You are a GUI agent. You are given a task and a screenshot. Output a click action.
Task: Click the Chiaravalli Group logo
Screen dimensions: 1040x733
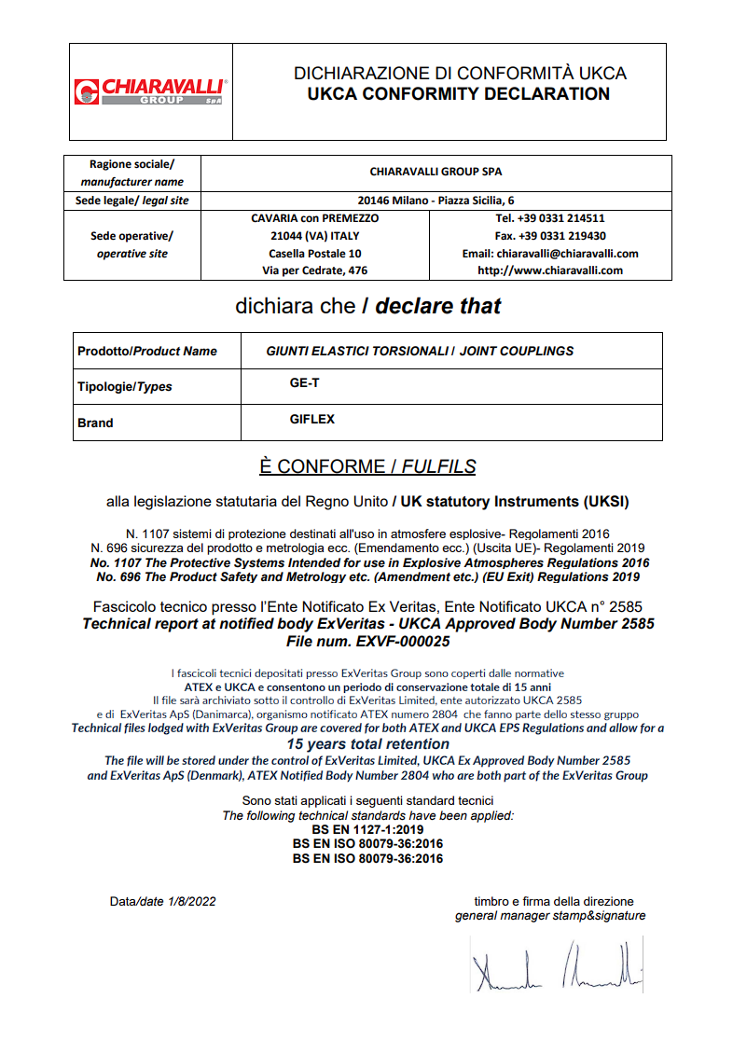(149, 91)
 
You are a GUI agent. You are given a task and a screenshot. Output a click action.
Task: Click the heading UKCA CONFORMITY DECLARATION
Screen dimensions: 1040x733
(459, 94)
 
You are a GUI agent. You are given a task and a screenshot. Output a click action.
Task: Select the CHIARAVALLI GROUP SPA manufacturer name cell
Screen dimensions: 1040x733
(436, 172)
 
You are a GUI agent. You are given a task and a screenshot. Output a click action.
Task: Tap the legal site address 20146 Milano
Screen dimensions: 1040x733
(436, 201)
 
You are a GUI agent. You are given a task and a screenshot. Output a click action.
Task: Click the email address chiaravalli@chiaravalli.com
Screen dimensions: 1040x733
(550, 254)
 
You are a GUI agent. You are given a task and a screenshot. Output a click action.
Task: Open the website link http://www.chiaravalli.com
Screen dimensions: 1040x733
(550, 270)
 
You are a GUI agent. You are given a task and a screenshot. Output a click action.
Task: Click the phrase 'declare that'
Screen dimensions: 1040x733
(438, 306)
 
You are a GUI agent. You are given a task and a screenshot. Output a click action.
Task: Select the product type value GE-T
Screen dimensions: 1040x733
(305, 382)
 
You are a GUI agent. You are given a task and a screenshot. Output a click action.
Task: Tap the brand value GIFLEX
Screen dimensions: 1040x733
(311, 420)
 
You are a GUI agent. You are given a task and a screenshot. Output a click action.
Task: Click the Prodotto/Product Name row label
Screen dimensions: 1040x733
(147, 352)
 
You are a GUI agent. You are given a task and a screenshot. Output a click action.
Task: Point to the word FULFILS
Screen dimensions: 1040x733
(440, 466)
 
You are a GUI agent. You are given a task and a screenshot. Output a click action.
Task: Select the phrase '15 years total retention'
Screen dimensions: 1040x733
(367, 744)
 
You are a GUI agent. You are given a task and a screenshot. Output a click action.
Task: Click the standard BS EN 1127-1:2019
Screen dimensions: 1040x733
(367, 829)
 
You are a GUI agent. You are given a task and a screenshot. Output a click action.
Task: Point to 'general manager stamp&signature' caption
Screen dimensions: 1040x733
(550, 916)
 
